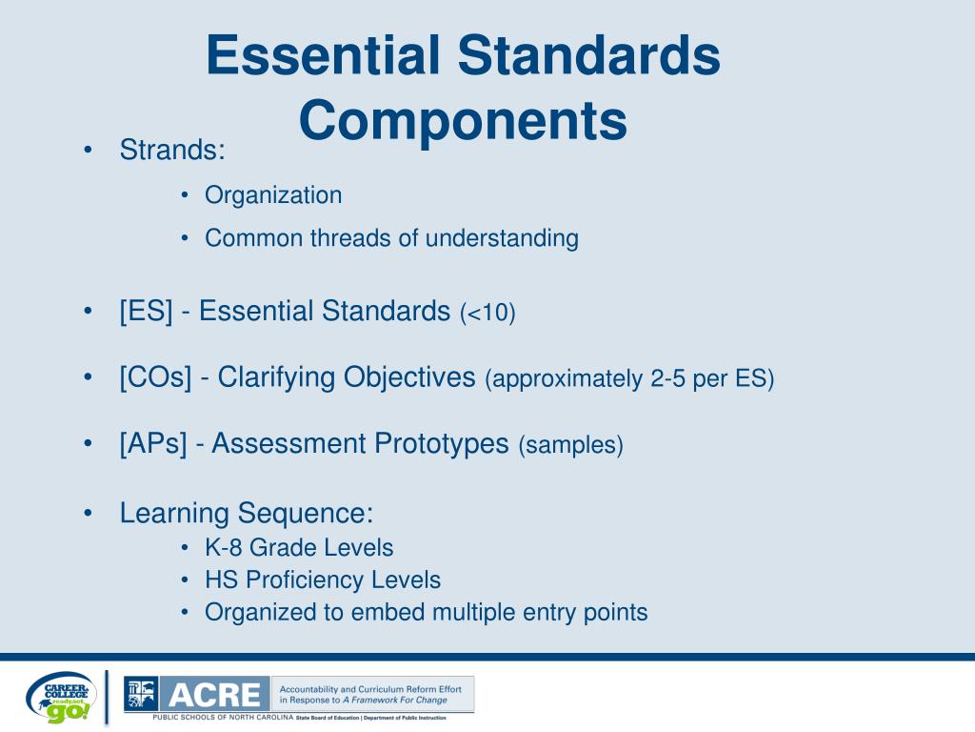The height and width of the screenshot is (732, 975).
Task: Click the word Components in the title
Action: point(464,121)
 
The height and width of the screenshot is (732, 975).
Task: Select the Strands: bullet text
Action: point(172,150)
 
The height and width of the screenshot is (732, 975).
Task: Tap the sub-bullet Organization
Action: point(273,195)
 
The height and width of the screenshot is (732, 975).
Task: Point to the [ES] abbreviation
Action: point(146,312)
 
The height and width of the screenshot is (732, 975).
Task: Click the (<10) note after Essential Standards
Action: point(487,314)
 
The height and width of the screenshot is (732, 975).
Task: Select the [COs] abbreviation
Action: point(158,377)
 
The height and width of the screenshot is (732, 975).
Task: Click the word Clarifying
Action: point(276,377)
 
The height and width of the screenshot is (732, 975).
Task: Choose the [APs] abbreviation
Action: point(153,443)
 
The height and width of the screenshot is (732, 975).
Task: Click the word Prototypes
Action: point(441,443)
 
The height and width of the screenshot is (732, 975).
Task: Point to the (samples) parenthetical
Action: point(570,445)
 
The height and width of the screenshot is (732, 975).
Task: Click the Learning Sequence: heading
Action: point(246,513)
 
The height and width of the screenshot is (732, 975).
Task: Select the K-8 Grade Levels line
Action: point(299,548)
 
